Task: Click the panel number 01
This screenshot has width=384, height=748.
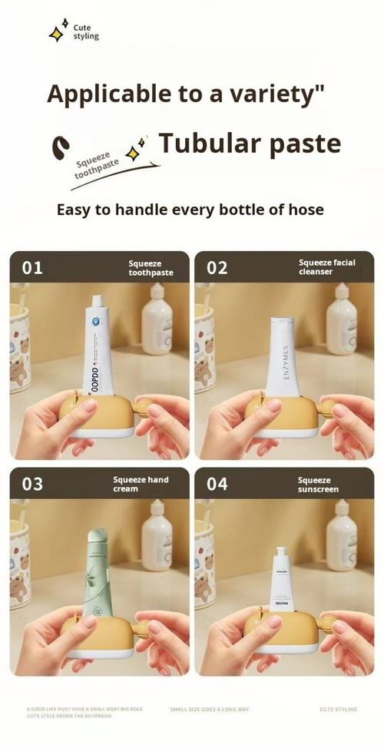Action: click(x=32, y=268)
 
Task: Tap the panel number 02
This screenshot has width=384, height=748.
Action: click(x=217, y=268)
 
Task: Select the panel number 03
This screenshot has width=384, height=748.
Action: click(x=32, y=485)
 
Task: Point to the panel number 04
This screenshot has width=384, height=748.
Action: click(x=217, y=485)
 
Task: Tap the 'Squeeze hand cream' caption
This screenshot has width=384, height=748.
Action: click(x=141, y=484)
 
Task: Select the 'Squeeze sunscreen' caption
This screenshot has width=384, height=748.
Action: click(x=318, y=484)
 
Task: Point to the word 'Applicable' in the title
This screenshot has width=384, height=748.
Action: click(x=101, y=94)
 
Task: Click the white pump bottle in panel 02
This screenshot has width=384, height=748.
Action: click(x=341, y=321)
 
